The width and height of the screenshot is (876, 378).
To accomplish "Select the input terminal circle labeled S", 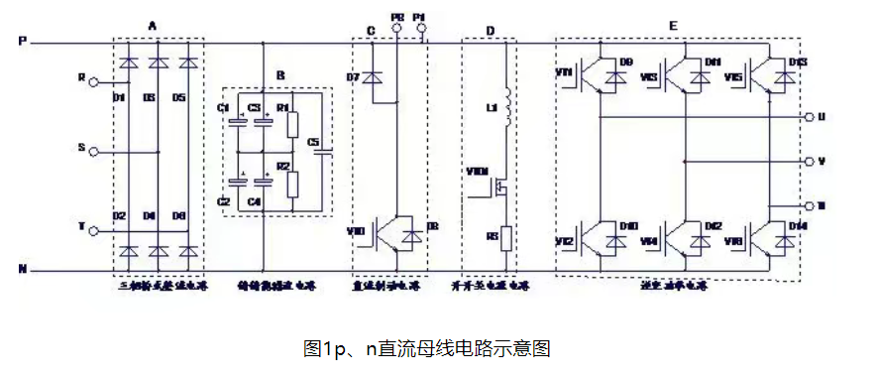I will point(94,152).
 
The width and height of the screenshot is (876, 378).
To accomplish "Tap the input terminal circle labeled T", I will point(94,232).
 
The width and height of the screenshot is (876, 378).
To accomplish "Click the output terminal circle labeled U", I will point(809,116).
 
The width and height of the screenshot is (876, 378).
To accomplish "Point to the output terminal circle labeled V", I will point(809,161).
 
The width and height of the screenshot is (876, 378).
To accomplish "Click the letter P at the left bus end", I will point(22,42).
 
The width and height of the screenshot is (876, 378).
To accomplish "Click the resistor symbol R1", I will point(292,124).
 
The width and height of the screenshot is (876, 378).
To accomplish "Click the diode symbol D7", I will point(374,76).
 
